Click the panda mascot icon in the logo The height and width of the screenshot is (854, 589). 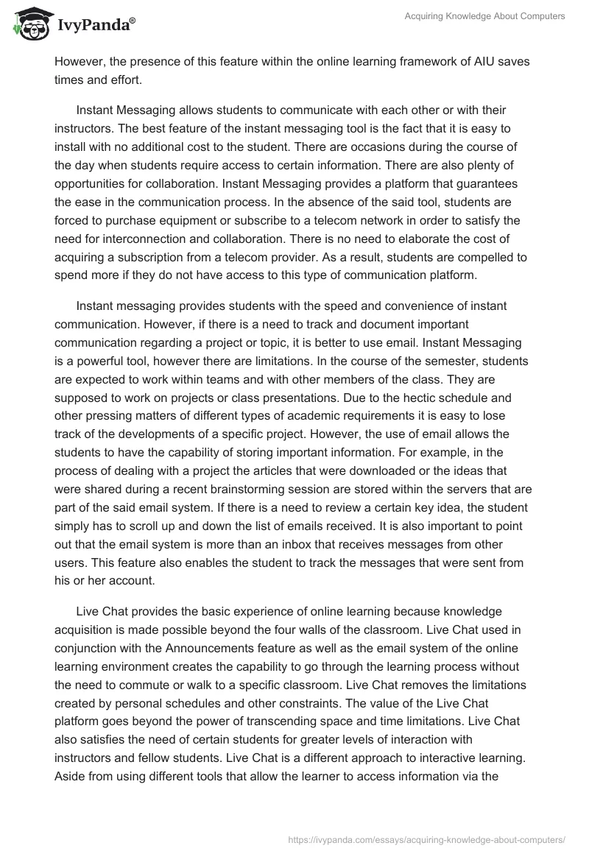pyautogui.click(x=29, y=24)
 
